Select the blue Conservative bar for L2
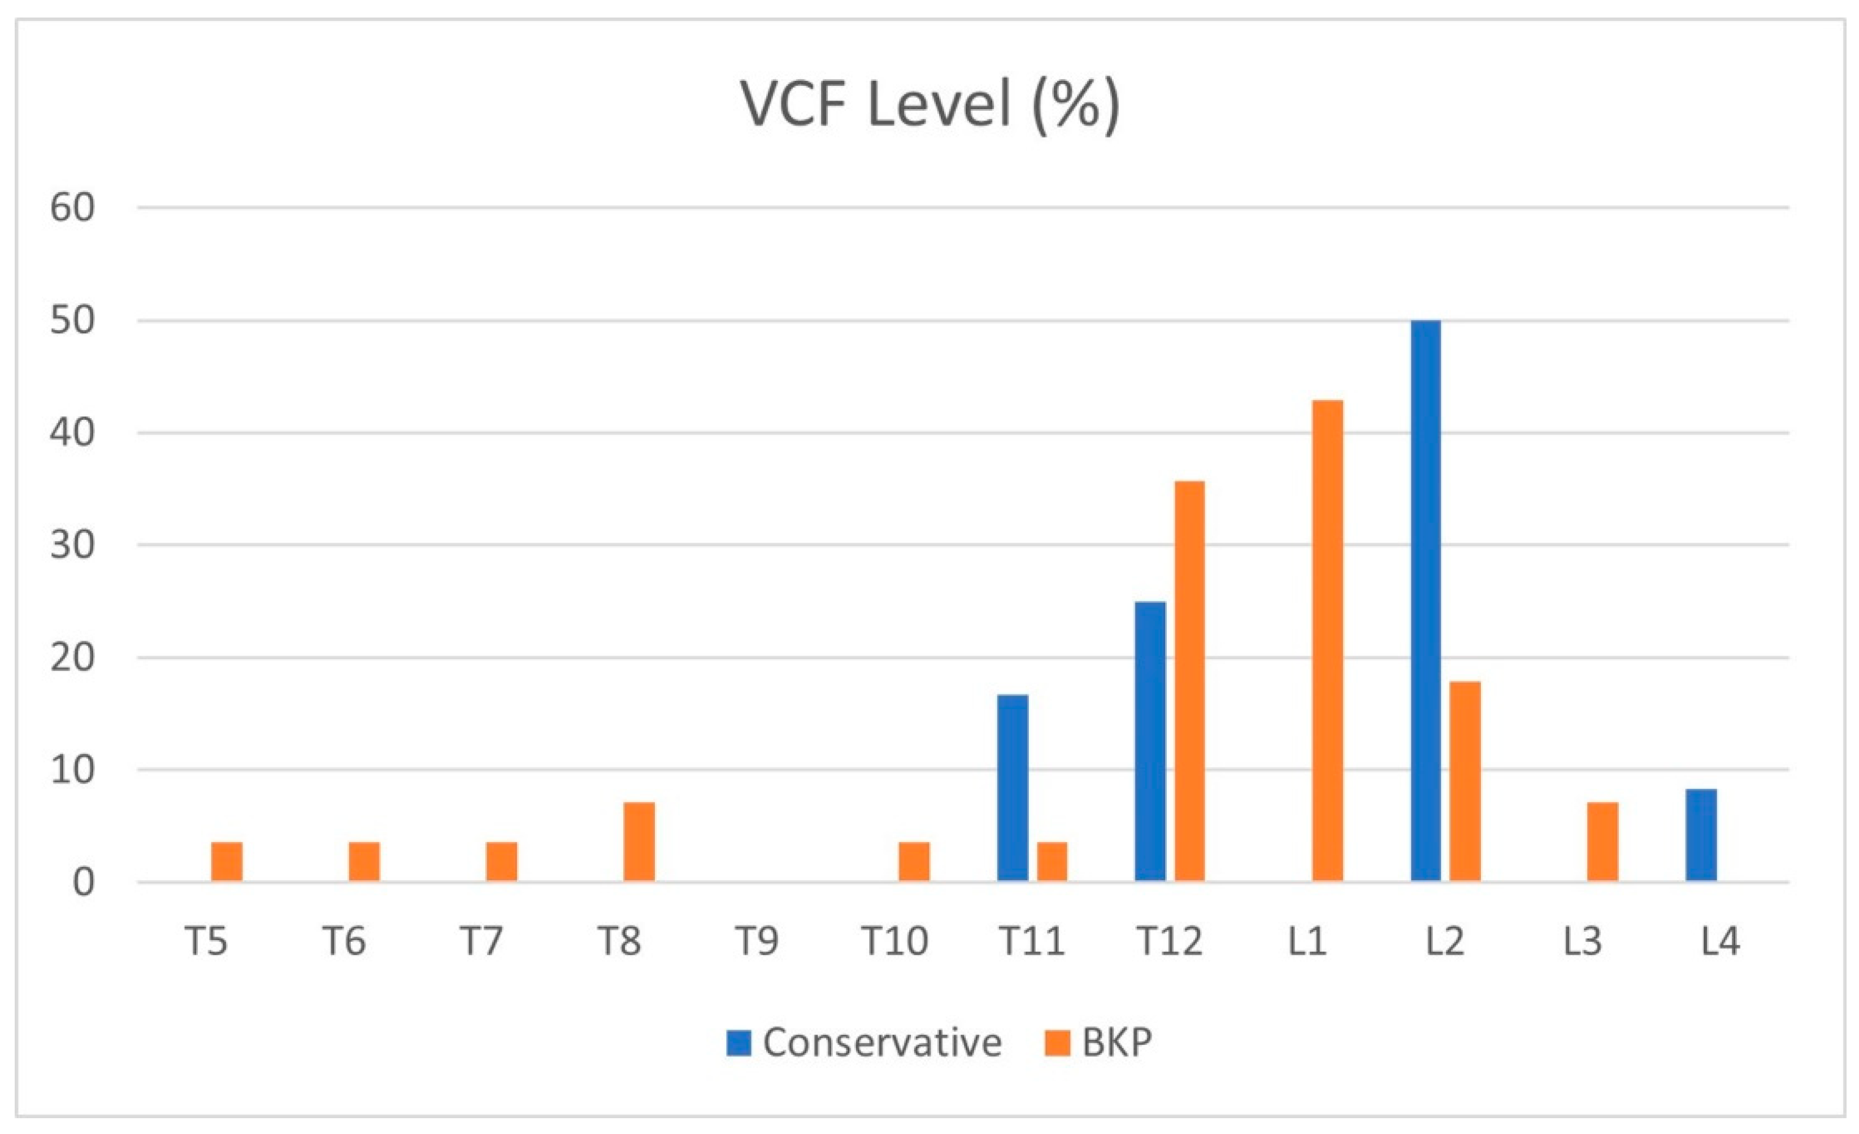tap(1425, 601)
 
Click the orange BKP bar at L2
tap(1465, 781)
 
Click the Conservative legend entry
tap(864, 1042)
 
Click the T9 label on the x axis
tap(757, 941)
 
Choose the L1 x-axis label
tap(1307, 941)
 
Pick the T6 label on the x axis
tap(344, 941)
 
